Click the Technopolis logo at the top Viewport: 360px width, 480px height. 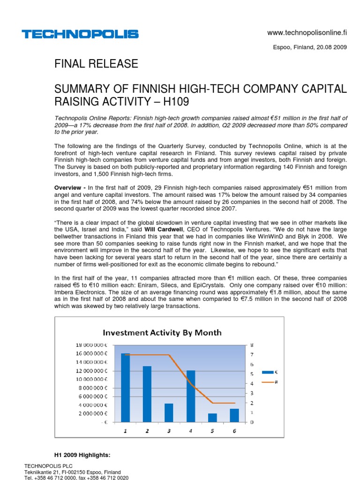tap(80, 34)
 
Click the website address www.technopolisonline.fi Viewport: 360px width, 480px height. tap(307, 32)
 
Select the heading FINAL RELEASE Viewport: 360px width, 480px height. tap(97, 64)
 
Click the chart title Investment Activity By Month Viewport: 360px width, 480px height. tap(162, 332)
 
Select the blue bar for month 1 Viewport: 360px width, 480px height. tap(125, 388)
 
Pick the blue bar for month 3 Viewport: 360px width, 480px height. tap(169, 412)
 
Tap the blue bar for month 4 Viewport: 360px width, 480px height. tap(191, 396)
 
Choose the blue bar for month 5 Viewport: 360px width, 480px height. tap(212, 418)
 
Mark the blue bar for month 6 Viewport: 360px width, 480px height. tap(234, 415)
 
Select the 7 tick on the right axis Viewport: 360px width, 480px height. tap(252, 354)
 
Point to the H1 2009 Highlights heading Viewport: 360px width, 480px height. tap(82, 455)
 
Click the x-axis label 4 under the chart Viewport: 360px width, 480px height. tap(191, 431)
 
